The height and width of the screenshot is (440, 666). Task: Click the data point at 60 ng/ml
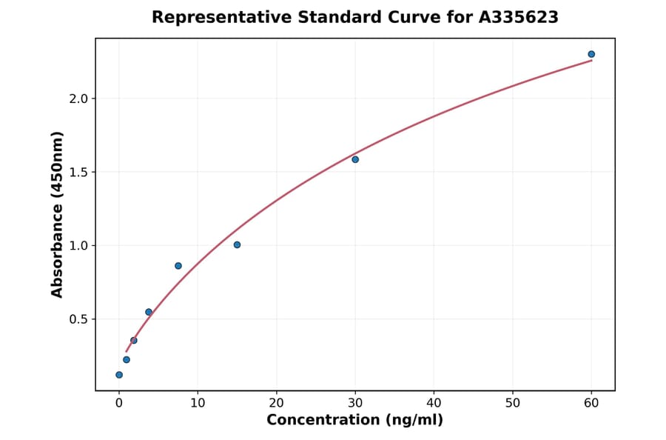pos(591,54)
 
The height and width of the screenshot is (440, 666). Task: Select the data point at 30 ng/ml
pos(355,159)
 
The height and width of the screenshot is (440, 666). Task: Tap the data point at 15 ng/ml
pos(237,244)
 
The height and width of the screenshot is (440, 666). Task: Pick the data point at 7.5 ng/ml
pos(178,266)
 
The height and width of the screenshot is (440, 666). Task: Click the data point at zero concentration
pos(119,375)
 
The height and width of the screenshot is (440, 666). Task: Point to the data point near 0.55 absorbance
pos(149,312)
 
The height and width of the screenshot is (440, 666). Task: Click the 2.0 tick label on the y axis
pos(78,99)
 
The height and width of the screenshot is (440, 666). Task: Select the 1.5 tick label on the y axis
pos(78,172)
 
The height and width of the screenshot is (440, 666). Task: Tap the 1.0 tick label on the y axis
pos(78,245)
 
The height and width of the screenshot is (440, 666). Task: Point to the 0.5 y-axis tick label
pos(78,319)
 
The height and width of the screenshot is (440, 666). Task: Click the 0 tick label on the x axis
pos(119,403)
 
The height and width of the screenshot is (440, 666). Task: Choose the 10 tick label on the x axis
pos(198,403)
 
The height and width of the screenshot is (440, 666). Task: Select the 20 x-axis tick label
pos(276,403)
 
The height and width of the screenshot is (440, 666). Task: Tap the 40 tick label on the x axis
pos(434,403)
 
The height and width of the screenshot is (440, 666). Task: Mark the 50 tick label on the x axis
pos(512,403)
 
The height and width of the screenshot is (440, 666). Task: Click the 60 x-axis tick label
pos(591,403)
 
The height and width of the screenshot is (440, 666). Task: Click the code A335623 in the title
pos(518,17)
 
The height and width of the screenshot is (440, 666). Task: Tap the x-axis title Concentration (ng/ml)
pos(354,421)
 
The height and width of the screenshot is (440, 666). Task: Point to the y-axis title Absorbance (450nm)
pos(58,214)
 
